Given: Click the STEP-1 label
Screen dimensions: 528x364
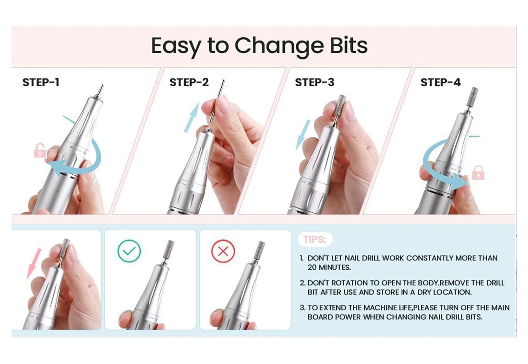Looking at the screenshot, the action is (41, 82).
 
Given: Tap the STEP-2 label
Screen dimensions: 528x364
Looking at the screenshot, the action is (189, 82).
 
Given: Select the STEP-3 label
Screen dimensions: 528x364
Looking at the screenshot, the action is (315, 82).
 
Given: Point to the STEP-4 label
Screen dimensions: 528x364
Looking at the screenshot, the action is (440, 82).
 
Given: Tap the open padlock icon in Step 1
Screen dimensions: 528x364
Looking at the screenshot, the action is (40, 150).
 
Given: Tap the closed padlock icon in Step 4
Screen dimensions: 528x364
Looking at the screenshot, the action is (478, 173).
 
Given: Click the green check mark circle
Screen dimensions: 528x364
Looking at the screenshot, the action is (129, 251).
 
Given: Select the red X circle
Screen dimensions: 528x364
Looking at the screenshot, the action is (223, 251).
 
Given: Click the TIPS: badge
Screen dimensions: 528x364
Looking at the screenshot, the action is (315, 240).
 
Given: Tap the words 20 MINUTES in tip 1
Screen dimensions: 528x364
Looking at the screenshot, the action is (329, 267).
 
